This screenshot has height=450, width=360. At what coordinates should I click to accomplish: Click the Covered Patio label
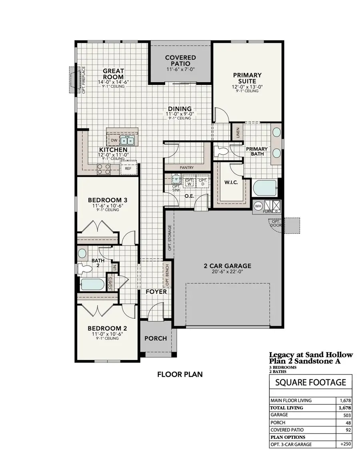180,60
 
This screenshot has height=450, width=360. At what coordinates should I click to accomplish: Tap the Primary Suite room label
247,78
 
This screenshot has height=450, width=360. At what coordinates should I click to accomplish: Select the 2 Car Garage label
228,266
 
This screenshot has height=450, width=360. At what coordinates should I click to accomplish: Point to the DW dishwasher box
114,141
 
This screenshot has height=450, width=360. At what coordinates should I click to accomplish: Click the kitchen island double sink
127,141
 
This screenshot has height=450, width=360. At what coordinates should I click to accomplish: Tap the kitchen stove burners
104,169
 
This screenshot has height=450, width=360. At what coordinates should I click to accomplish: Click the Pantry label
186,167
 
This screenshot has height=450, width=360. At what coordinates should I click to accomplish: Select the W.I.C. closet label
231,182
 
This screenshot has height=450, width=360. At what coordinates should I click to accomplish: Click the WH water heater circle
258,206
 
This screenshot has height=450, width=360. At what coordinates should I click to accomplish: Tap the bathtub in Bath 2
92,284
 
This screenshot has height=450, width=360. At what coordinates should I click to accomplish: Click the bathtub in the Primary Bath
265,188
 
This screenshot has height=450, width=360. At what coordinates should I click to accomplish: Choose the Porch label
156,338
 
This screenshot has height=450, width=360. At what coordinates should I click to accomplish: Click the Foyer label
156,291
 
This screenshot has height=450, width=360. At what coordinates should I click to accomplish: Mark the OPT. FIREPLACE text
84,80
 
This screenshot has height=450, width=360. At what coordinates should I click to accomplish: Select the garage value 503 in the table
347,415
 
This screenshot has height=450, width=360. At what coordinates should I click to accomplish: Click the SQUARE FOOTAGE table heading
311,382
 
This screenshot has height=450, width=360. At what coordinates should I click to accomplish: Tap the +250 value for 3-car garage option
345,444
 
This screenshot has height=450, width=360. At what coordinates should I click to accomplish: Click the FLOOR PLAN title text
180,374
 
